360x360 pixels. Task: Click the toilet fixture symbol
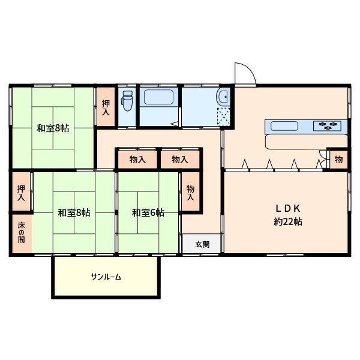tap(127, 101)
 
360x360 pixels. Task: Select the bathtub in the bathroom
tap(158, 97)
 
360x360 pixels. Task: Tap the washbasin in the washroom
tap(223, 97)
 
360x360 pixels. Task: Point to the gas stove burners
tap(327, 125)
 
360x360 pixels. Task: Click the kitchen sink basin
tap(284, 126)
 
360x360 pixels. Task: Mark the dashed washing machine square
tap(224, 116)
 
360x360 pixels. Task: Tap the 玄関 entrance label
tap(202, 244)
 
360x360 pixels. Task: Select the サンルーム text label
tap(106, 277)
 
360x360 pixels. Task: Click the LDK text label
tap(288, 208)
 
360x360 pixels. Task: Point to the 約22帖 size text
tap(288, 221)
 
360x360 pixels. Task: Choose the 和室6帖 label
tap(148, 212)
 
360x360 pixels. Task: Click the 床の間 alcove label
tap(21, 233)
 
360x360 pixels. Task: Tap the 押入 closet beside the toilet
tap(106, 107)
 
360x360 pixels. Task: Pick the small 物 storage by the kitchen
tap(338, 159)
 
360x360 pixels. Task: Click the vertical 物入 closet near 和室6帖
tap(190, 193)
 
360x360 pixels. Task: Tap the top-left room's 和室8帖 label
tap(53, 128)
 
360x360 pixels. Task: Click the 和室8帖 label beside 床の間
tap(74, 212)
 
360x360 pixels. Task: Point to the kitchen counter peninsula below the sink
tap(306, 142)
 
